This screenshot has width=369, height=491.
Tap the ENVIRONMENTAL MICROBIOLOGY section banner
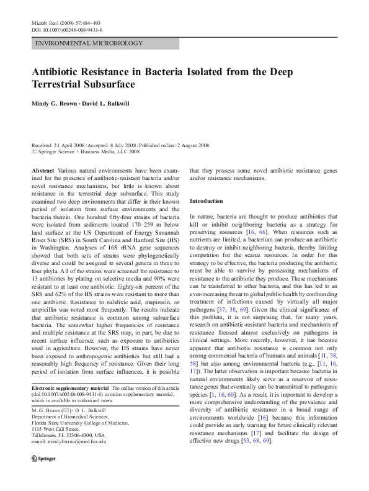point(89,44)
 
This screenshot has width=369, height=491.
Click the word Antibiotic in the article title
point(58,71)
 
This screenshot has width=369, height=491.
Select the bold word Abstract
point(42,170)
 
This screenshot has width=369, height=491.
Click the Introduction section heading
point(207,201)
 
